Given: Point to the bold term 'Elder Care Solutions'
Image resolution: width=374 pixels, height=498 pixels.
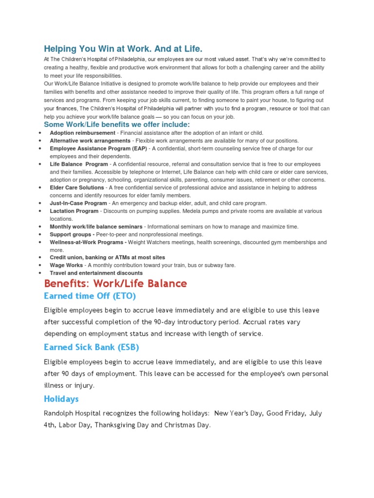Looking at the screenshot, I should point(77,187).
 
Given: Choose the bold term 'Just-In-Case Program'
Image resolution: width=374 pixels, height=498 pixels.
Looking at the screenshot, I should point(78,203).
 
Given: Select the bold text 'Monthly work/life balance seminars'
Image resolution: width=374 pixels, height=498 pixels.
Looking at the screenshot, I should point(96,227).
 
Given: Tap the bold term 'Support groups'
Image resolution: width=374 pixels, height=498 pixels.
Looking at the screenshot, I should point(72,234).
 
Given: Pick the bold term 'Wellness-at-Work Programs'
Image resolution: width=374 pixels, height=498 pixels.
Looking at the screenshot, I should point(88,242).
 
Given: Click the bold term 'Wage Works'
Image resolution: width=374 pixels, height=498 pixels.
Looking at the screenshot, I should point(66,265).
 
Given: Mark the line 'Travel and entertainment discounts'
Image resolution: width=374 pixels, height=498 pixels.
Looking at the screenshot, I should point(96,273).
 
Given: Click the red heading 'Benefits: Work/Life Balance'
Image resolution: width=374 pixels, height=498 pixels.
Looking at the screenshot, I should point(115,284).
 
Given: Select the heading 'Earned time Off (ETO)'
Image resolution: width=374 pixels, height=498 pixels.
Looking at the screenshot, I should point(90,296).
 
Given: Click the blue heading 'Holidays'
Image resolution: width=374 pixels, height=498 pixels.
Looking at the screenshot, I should point(61,399).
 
